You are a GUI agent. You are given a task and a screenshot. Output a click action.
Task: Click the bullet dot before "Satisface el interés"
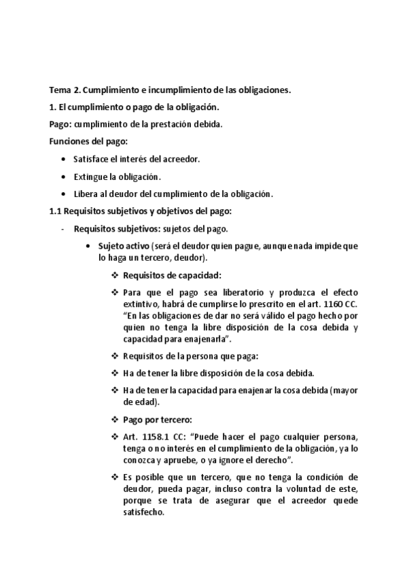pyautogui.click(x=64, y=159)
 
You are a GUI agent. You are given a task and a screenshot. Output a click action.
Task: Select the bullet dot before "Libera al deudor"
pyautogui.click(x=64, y=194)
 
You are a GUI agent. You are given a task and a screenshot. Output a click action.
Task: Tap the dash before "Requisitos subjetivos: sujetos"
pyautogui.click(x=63, y=229)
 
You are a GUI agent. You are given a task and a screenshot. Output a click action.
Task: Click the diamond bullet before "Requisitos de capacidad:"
pyautogui.click(x=114, y=275)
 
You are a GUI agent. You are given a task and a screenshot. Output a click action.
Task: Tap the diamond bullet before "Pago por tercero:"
pyautogui.click(x=114, y=418)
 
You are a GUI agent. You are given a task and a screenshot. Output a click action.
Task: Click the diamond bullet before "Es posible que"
pyautogui.click(x=114, y=477)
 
